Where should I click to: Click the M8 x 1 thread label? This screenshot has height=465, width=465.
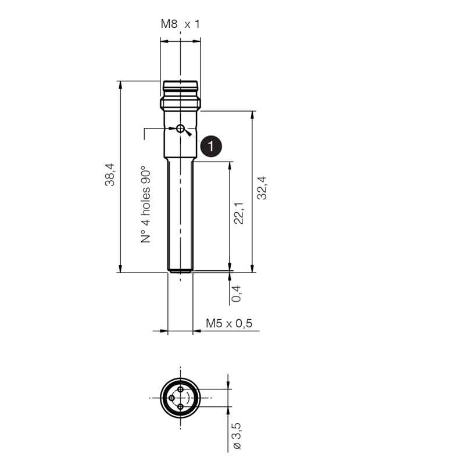180,24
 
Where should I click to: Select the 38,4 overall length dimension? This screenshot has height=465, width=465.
110,175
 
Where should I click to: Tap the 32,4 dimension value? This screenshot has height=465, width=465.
262,188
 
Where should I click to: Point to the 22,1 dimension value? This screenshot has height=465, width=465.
239,213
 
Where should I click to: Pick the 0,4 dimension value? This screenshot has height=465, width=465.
237,294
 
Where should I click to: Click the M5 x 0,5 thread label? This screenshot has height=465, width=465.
229,323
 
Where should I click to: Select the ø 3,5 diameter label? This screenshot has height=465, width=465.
237,436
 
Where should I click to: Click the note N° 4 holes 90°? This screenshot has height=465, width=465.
145,205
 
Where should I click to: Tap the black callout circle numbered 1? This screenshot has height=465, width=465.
211,146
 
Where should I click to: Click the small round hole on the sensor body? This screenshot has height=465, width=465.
180,128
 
